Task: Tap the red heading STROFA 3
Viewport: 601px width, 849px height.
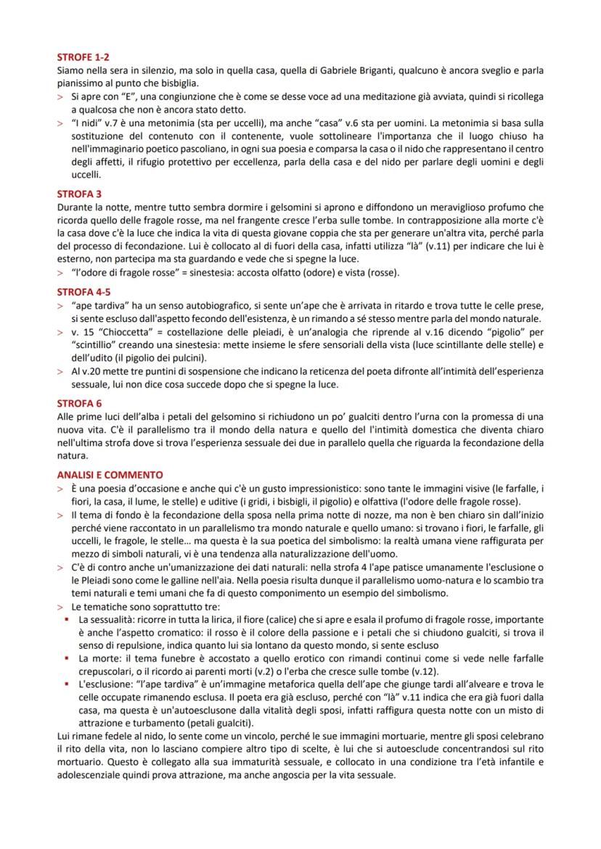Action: pos(79,194)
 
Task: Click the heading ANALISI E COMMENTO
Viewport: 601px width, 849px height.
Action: pos(110,475)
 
